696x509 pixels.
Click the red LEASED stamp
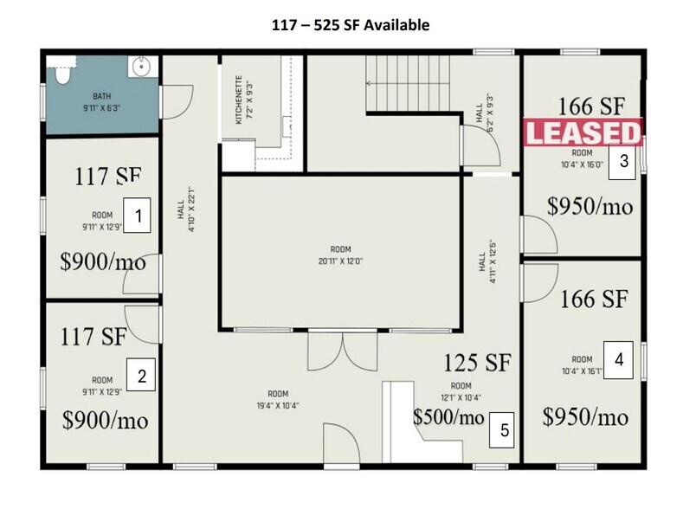tap(583, 133)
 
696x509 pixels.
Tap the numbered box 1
tap(139, 214)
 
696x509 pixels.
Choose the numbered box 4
tap(618, 358)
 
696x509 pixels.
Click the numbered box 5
tap(503, 428)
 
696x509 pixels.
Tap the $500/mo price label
tap(448, 416)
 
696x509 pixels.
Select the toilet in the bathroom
tap(60, 73)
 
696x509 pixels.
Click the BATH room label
tap(102, 97)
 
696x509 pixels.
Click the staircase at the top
tap(407, 84)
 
